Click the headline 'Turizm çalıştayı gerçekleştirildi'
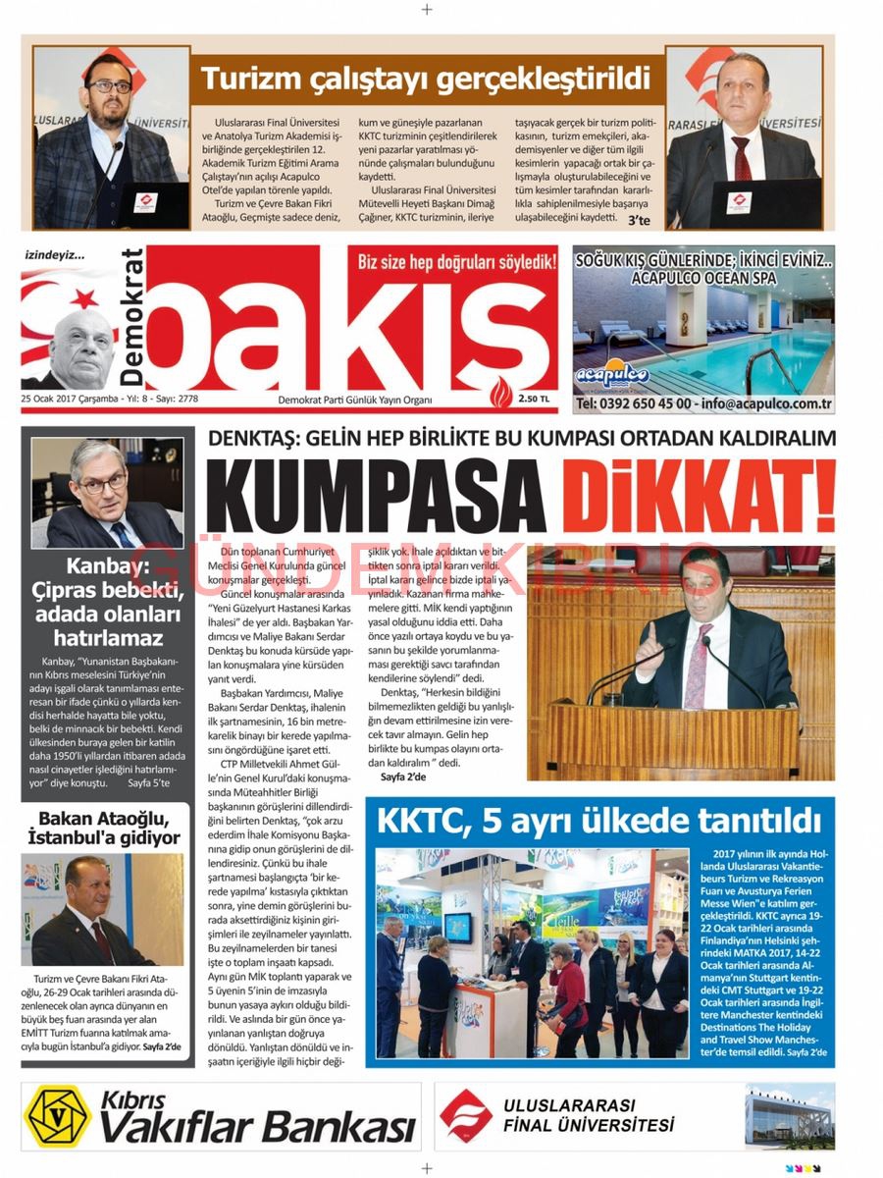(426, 78)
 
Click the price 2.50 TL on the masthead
(535, 399)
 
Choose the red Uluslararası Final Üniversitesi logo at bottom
(465, 1115)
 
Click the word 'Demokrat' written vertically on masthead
(132, 317)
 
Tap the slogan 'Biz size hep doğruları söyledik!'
(457, 262)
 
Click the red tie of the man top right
(743, 161)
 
